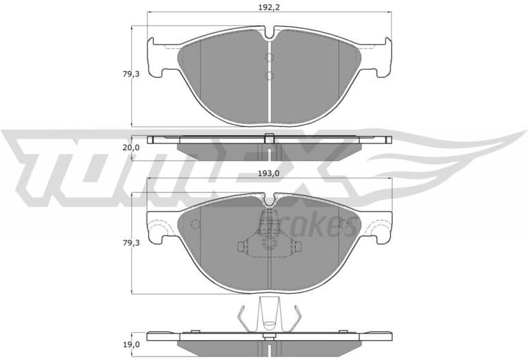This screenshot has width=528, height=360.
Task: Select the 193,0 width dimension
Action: coord(270,174)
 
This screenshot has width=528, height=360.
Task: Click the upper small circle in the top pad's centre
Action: coord(270,57)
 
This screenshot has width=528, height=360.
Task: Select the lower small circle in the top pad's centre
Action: coord(270,75)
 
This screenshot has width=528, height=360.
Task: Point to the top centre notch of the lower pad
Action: coord(270,199)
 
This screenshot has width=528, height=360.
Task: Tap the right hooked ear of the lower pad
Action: coord(380,229)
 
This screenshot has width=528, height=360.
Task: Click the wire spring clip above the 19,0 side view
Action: coord(270,317)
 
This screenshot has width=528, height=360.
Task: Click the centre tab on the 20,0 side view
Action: coord(270,137)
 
